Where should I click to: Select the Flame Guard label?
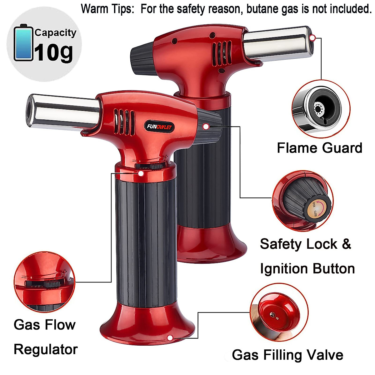(x=319, y=148)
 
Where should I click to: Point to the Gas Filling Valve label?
(x=287, y=355)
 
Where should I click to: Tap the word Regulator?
(x=46, y=349)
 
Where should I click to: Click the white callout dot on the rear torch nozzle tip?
(x=312, y=38)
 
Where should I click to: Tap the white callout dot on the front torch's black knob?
(x=206, y=127)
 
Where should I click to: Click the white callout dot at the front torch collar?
(x=141, y=173)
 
